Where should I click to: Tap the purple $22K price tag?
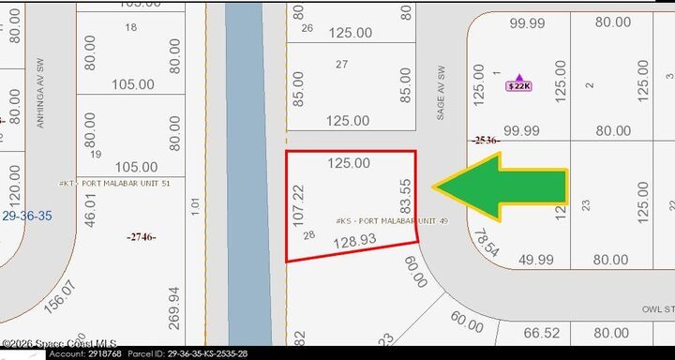click(x=518, y=86)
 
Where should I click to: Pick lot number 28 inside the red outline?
click(x=309, y=235)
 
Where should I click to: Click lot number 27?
click(x=341, y=65)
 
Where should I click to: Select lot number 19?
click(x=96, y=154)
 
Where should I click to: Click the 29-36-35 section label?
click(x=27, y=216)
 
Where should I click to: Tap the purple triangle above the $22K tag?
click(x=519, y=76)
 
